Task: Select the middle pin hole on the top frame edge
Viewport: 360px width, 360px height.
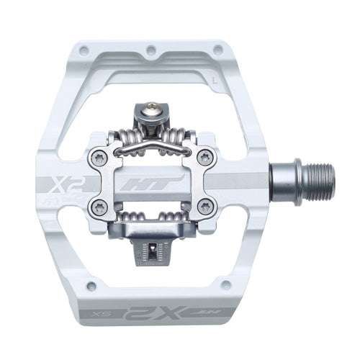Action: (150, 51)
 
